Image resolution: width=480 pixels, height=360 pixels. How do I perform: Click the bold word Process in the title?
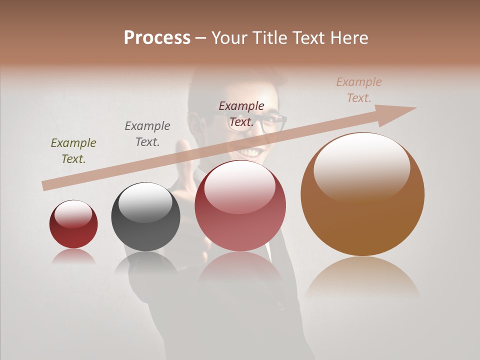tap(157, 37)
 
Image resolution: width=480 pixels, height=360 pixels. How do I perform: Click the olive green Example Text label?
tap(73, 150)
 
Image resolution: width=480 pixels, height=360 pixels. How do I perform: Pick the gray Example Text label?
tap(147, 133)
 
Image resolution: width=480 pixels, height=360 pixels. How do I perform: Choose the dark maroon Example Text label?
tap(241, 113)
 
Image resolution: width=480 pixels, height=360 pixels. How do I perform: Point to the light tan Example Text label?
tap(359, 89)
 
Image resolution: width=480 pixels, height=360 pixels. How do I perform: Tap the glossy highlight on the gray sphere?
tap(145, 202)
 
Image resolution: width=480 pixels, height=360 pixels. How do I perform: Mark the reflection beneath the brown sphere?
tap(362, 277)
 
